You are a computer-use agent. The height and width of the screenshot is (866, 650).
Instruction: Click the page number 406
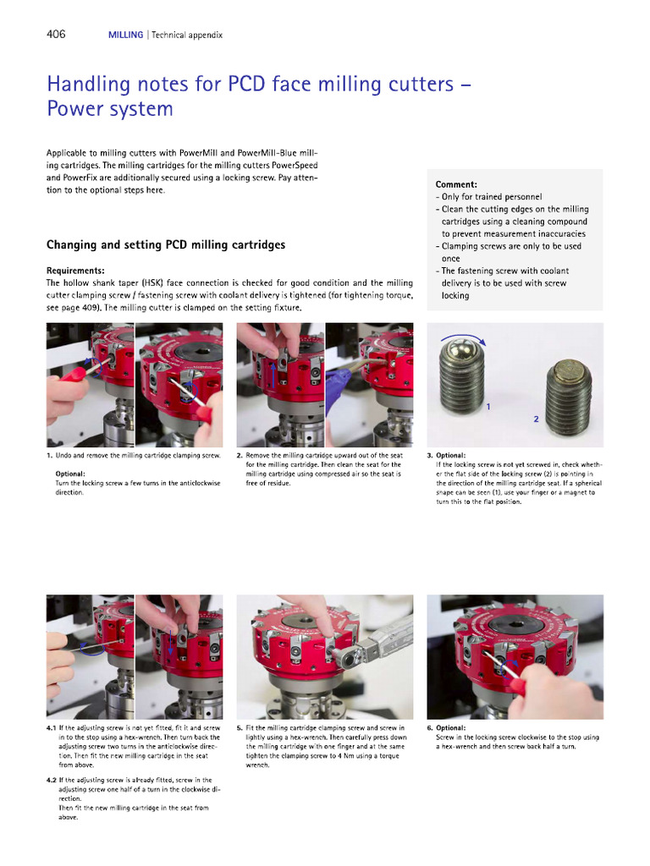(x=56, y=35)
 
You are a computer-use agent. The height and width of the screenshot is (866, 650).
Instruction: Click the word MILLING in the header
(x=125, y=36)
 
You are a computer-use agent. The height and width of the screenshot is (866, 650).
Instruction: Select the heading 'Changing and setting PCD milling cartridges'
(x=165, y=245)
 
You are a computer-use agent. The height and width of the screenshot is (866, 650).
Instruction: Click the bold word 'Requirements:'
(x=75, y=271)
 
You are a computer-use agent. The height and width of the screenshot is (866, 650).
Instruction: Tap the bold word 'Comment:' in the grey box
(x=456, y=184)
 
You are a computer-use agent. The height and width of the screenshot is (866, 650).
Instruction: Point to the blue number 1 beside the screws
(x=488, y=407)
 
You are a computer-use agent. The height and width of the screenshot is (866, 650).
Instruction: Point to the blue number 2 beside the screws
(x=536, y=419)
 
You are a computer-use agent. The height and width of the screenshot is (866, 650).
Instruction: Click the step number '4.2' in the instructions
(x=52, y=781)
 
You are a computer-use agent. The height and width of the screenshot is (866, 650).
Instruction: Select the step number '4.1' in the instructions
(x=52, y=727)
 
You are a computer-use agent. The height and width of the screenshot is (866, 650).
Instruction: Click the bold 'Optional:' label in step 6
(x=452, y=727)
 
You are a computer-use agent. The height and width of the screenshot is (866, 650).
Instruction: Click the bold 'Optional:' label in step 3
(x=450, y=455)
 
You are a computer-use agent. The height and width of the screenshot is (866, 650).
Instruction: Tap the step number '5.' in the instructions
(x=240, y=727)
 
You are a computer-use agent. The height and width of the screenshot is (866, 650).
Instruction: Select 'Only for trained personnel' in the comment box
(x=492, y=196)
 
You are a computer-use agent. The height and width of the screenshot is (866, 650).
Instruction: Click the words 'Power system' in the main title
(x=110, y=109)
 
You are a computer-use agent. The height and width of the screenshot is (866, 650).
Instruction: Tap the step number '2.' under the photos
(x=240, y=455)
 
